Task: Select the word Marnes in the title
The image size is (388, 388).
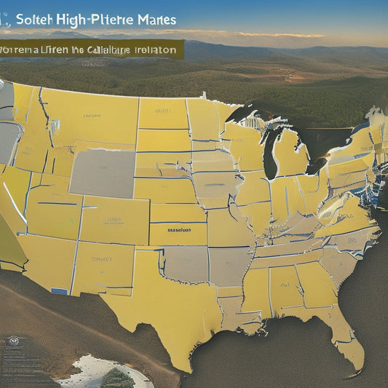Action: [154, 19]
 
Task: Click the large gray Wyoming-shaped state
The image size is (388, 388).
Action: [101, 173]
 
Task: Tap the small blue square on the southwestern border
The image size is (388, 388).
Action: [59, 291]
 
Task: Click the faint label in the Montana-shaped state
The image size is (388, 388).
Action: [92, 115]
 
